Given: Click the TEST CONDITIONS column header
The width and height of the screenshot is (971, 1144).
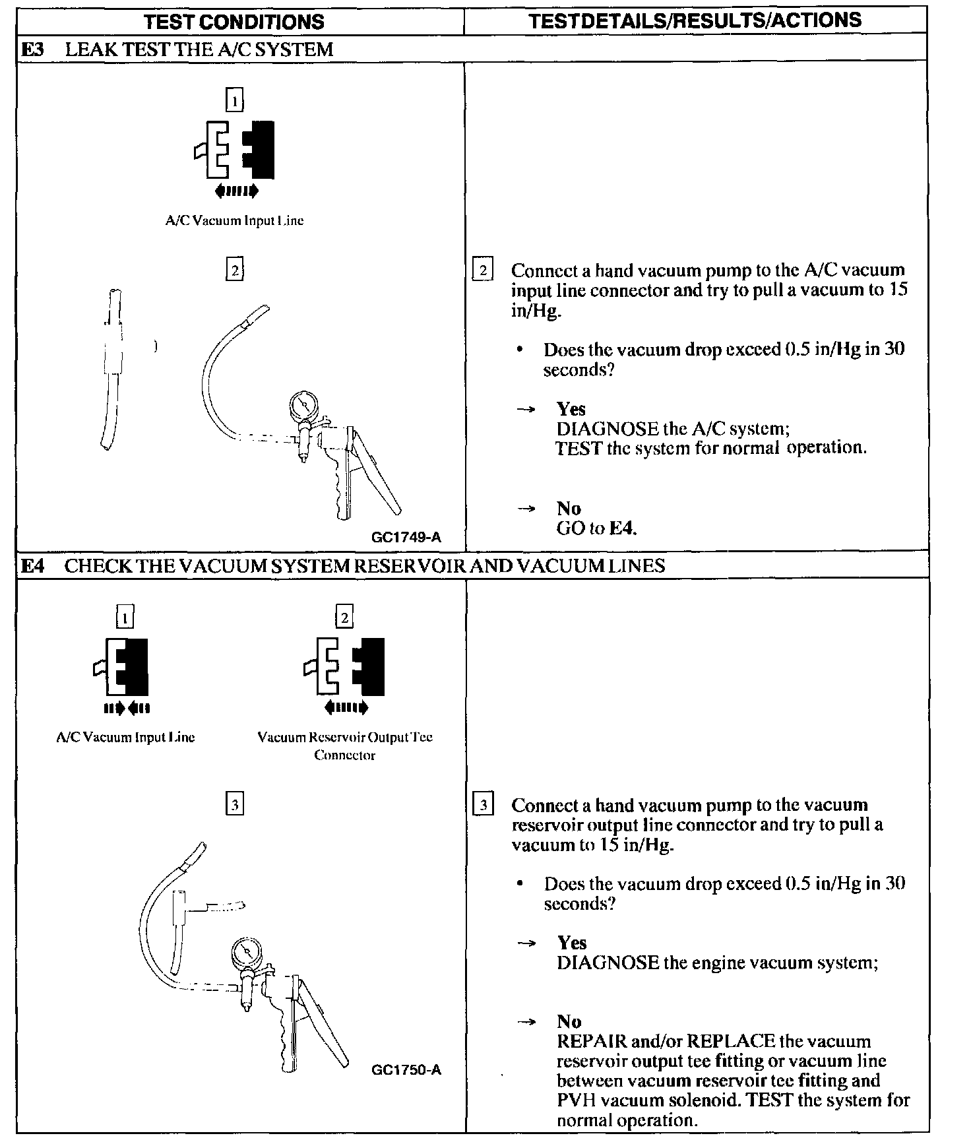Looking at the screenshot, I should coord(234,22).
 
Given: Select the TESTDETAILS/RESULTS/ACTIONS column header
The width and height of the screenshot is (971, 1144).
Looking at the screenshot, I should coord(695,20).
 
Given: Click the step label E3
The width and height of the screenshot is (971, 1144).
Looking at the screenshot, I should coord(32,49).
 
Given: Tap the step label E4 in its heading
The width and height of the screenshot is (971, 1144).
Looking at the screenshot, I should coord(32,566).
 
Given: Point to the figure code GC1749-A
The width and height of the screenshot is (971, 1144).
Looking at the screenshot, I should coord(406,537).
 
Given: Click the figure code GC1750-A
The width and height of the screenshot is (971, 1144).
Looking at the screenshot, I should coord(406,1070).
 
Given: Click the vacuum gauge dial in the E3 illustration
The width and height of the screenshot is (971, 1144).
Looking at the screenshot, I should coord(302,404).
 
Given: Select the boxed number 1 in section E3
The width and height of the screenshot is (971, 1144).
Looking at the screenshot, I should coord(234,101).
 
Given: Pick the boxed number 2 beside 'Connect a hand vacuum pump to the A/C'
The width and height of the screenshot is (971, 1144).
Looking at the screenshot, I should coord(483,270).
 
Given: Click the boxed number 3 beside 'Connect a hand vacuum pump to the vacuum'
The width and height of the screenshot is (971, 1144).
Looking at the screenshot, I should coord(483,806).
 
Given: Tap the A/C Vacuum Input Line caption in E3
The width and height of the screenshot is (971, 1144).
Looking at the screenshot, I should coord(234,221).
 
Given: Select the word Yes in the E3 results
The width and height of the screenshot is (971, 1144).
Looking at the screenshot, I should coord(571,409).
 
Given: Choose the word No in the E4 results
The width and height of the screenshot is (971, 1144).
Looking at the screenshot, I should coord(569,1022).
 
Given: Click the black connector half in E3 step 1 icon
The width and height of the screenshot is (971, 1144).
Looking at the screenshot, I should coord(260,150).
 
